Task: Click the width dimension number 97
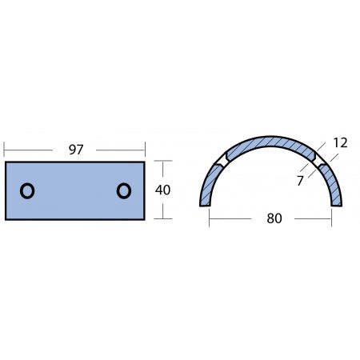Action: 75,150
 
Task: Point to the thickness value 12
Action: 339,142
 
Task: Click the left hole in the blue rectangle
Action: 26,190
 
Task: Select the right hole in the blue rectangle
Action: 123,190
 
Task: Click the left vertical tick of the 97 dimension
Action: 6,150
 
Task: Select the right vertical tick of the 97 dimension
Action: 145,150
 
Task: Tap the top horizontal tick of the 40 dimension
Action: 163,162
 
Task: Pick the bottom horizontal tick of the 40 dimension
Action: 163,218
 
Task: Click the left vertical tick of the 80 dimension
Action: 210,218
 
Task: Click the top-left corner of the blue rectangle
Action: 6,162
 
